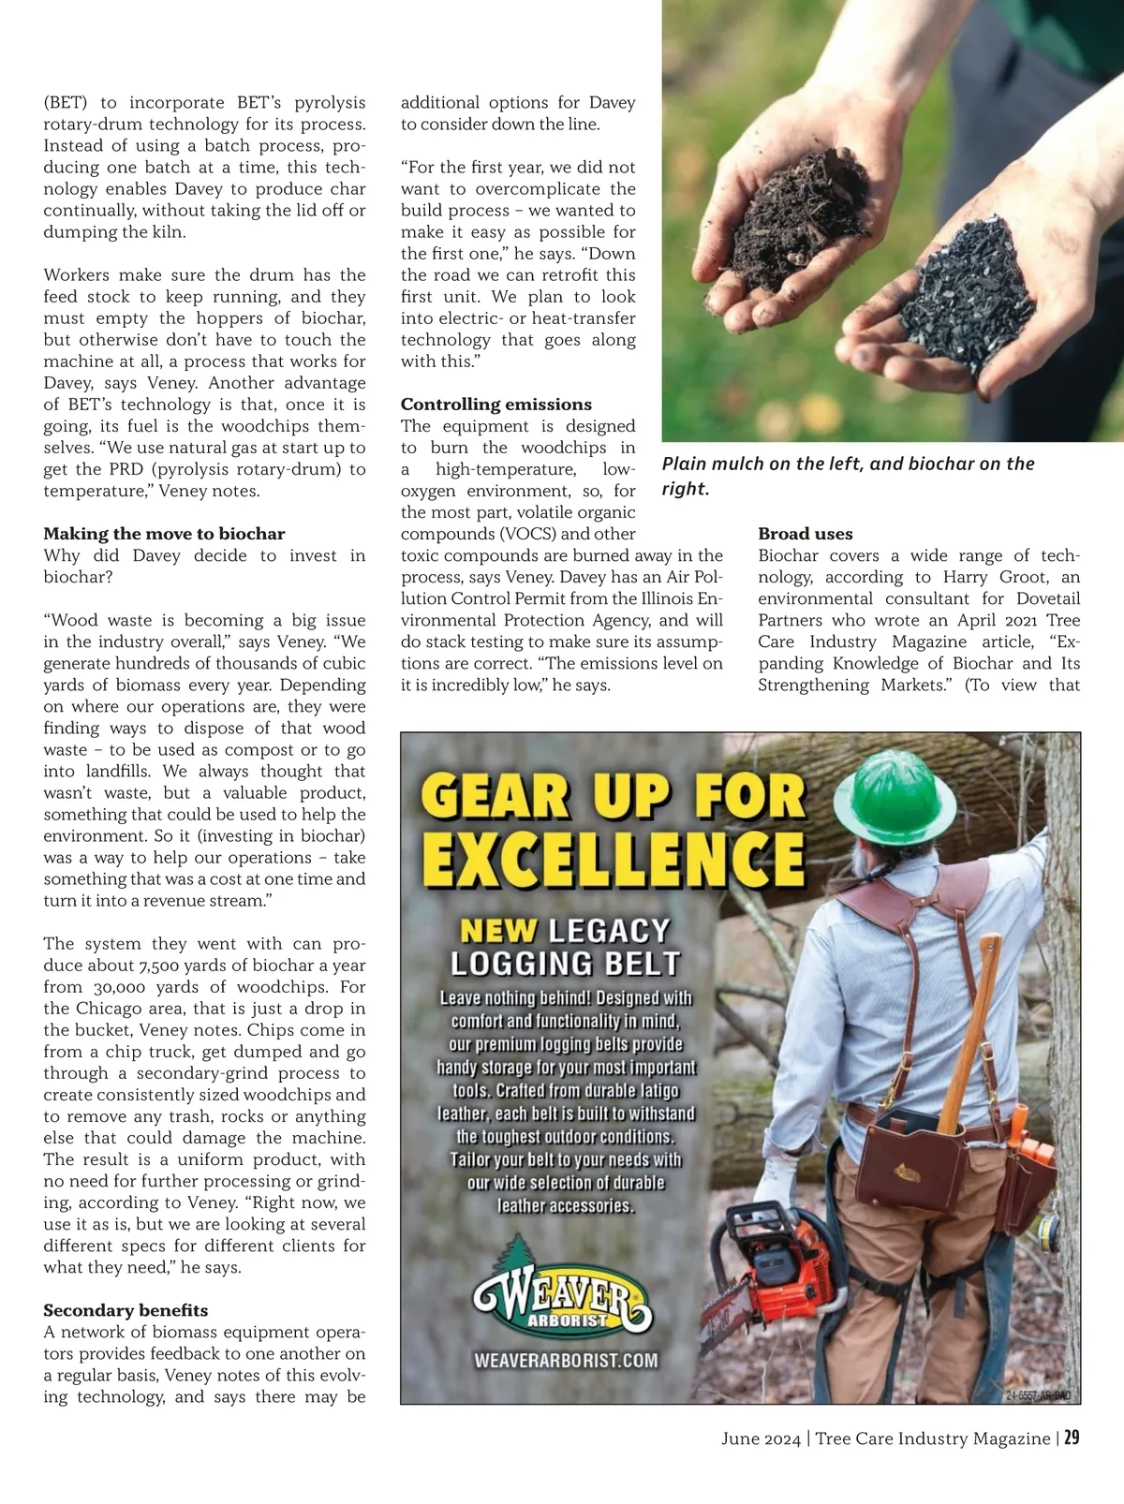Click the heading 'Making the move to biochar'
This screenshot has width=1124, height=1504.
164,534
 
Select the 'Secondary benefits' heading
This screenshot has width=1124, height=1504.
126,1310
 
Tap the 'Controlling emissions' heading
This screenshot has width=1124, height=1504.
495,405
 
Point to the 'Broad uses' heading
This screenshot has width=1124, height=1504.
805,534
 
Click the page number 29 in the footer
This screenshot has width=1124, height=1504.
1072,1438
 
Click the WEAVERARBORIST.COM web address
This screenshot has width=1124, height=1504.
566,1360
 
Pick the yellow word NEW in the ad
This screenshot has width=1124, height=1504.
498,931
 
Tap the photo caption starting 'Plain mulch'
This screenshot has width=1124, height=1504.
847,476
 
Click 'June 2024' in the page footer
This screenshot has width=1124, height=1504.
761,1438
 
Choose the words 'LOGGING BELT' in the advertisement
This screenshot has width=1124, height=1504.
565,964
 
